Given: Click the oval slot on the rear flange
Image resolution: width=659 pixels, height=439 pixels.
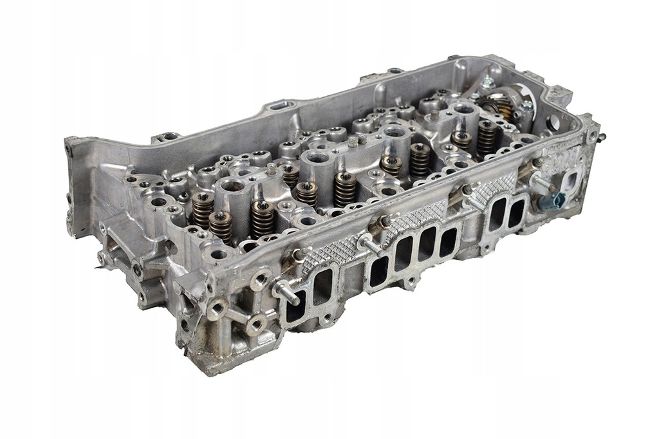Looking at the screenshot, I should [278, 104].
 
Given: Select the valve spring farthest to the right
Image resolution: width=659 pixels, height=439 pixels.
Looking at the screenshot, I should [487, 137].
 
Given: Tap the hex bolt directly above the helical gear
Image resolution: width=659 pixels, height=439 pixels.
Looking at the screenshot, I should [488, 81].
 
